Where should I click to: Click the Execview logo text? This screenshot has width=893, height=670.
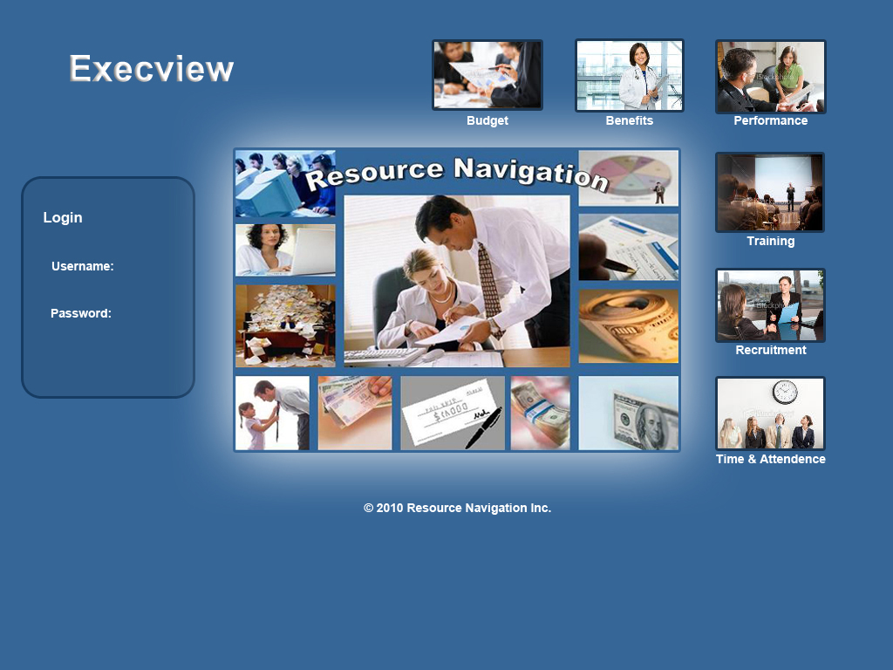152,69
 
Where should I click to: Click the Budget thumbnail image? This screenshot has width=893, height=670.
487,75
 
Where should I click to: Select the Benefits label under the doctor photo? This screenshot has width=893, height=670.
629,121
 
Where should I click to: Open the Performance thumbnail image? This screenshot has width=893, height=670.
771,77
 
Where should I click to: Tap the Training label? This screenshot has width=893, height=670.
771,242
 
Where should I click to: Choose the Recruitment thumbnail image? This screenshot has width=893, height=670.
771,305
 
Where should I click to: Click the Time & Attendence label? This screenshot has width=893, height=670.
771,460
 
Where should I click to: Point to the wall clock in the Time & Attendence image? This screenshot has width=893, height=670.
785,392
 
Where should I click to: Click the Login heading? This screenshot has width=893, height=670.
63,218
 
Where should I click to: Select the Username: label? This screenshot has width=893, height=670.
83,267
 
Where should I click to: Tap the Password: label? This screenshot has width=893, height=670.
81,314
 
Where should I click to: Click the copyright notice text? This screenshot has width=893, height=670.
458,508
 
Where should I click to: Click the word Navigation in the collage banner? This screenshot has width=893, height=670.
531,172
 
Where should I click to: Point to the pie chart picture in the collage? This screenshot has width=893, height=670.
628,178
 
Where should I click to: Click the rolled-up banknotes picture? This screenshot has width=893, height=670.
628,326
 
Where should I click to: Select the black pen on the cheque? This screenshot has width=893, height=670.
483,427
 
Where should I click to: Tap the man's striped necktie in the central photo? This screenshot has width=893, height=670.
488,279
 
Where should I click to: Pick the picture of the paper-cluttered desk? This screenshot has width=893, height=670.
285,325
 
